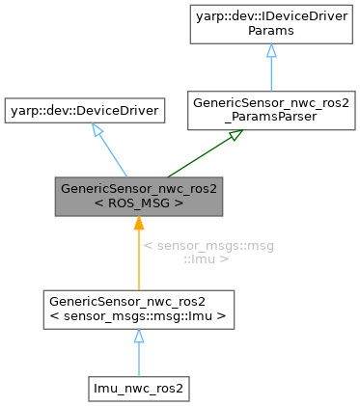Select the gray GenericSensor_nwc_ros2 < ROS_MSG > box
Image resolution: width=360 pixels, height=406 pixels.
pos(139,196)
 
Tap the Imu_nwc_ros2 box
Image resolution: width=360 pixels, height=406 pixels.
pos(139,387)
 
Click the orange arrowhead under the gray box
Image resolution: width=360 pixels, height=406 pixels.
pos(139,224)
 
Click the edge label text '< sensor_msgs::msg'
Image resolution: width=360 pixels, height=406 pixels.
pos(208,246)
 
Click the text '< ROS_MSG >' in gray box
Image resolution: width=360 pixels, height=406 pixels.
pos(139,203)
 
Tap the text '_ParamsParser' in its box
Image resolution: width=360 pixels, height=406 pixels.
pos(256,119)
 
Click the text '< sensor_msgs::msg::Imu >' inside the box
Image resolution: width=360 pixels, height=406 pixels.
pos(139,316)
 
